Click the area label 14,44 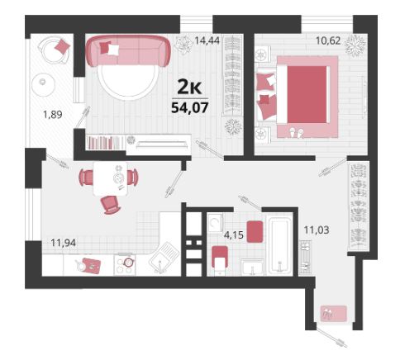[x=207, y=40]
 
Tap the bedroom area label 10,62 [x=328, y=40]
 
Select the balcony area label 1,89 [x=53, y=114]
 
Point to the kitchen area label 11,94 [x=64, y=243]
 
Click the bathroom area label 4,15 [x=234, y=235]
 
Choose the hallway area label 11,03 [x=317, y=230]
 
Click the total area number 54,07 [x=190, y=107]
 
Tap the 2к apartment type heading [x=189, y=88]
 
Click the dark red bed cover [x=307, y=94]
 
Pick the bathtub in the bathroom [x=280, y=246]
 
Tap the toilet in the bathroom [x=220, y=261]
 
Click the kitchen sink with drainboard [x=164, y=257]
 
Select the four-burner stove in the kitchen [x=125, y=264]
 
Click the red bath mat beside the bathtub [x=255, y=232]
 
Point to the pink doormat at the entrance [x=334, y=314]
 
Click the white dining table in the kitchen [x=110, y=178]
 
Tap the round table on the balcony [x=44, y=84]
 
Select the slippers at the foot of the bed [x=296, y=132]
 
